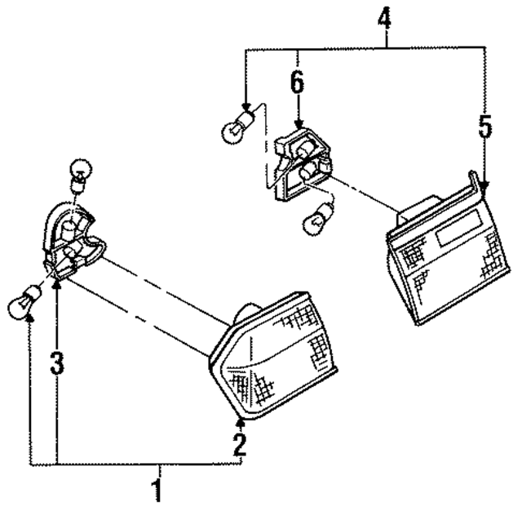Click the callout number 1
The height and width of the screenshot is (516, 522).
[x=158, y=492]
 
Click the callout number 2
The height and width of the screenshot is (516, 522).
[x=238, y=444]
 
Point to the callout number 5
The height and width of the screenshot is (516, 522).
[x=485, y=127]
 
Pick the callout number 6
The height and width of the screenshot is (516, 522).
[x=298, y=82]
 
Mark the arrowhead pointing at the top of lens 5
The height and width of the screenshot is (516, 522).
[x=484, y=187]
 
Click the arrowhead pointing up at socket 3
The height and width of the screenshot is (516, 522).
[x=56, y=282]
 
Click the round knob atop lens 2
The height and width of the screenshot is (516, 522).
[x=247, y=313]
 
